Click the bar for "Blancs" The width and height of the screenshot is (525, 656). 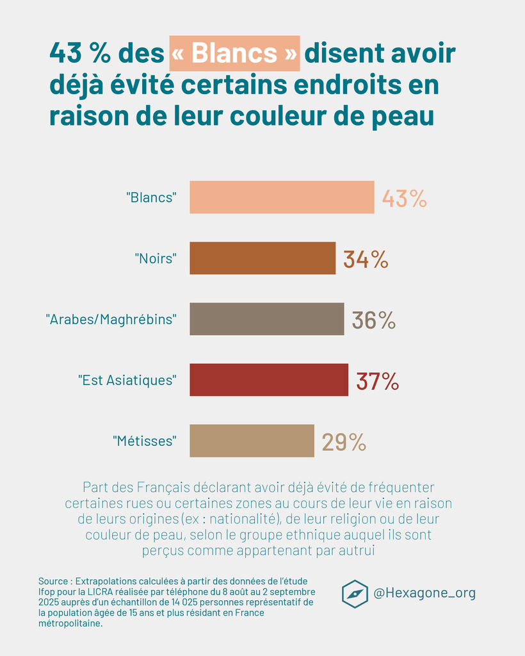(x=282, y=197)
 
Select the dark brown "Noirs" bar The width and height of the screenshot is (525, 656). (x=262, y=258)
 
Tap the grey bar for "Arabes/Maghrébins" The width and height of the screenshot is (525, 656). (x=266, y=319)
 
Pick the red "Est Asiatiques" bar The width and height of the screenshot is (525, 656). (x=269, y=380)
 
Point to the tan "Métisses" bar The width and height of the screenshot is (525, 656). (x=252, y=441)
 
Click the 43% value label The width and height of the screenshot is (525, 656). (x=404, y=198)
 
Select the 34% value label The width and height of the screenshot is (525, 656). (x=366, y=259)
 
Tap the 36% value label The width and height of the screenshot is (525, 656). (x=374, y=320)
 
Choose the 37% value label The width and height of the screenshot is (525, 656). (x=378, y=381)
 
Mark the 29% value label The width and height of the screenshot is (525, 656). (x=344, y=441)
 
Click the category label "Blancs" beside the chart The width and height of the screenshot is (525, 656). (x=151, y=197)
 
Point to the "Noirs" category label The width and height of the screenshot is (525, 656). (x=156, y=258)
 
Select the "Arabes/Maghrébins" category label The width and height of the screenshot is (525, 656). (x=111, y=319)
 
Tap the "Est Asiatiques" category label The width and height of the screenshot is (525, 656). (x=127, y=380)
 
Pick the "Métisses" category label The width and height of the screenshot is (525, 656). (x=144, y=441)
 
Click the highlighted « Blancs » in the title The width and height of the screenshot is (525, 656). (x=234, y=53)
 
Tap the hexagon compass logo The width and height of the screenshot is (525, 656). (x=355, y=593)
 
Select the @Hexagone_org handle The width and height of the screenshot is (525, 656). (x=424, y=593)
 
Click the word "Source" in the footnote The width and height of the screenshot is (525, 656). (x=54, y=581)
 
